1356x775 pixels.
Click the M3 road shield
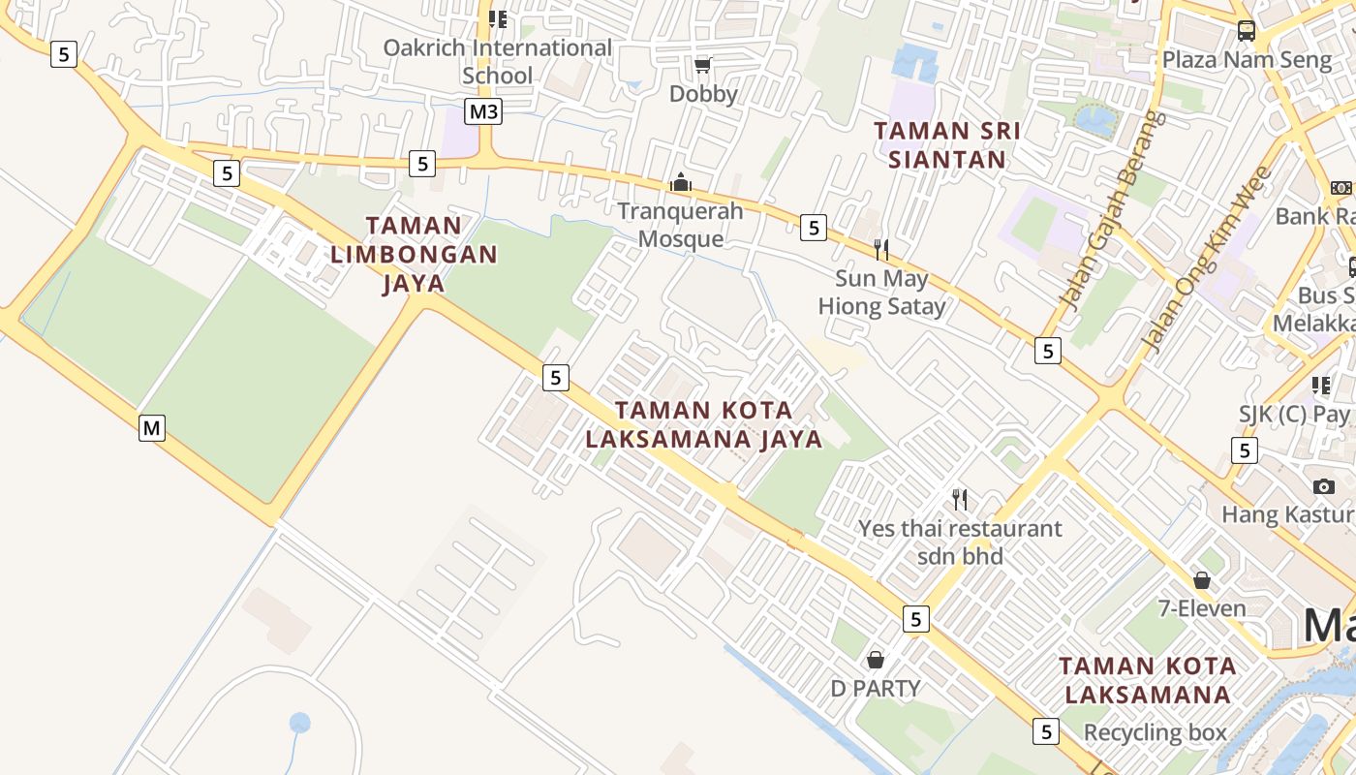click(483, 111)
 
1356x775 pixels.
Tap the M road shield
click(151, 427)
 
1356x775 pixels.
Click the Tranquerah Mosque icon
click(681, 182)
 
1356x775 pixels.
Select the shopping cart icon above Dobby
click(703, 65)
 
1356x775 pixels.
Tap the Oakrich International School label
click(497, 61)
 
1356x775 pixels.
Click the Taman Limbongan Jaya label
click(415, 254)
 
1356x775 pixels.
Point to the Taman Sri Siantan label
click(947, 144)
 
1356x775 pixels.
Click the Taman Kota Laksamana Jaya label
click(704, 424)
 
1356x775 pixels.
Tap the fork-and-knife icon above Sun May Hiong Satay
click(881, 250)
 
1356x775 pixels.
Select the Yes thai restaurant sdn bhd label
click(960, 542)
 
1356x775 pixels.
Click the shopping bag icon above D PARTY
click(876, 660)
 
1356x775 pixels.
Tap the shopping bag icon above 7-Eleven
click(1202, 580)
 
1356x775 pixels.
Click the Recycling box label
click(1156, 732)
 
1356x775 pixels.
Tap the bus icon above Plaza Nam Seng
click(1247, 31)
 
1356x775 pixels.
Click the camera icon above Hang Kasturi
click(1324, 485)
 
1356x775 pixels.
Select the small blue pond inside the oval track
click(300, 723)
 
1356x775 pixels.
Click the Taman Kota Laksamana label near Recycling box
click(1148, 680)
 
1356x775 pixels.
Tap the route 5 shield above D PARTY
click(915, 618)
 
